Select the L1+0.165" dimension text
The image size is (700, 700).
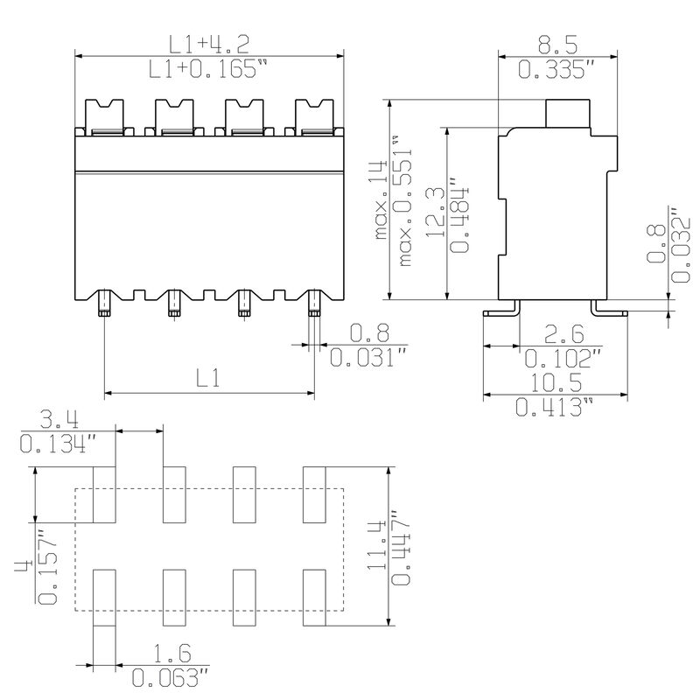point(207,69)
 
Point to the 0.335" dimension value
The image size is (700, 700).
point(556,69)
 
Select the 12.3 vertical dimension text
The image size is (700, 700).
point(435,213)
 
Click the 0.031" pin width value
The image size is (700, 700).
point(367,358)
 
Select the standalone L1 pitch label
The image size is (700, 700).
point(208,378)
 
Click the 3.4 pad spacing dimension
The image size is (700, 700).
point(53,419)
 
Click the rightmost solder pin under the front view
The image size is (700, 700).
point(314,306)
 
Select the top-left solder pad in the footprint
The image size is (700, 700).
point(104,493)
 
